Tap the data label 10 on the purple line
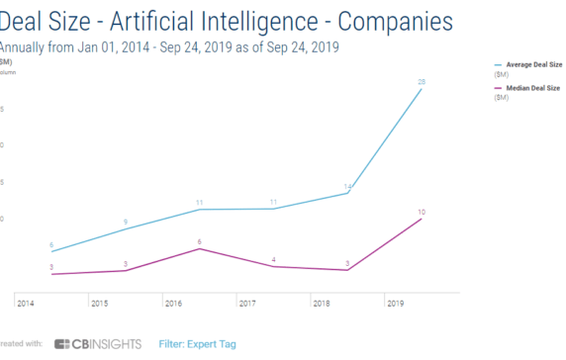click(422, 213)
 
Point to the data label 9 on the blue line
click(126, 222)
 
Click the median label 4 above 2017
click(273, 259)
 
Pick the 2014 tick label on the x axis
click(25, 303)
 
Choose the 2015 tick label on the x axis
click(98, 303)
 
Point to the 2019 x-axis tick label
click(395, 303)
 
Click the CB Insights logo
click(97, 344)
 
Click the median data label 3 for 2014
click(51, 267)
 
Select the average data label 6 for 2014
click(50, 244)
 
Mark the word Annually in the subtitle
click(27, 45)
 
